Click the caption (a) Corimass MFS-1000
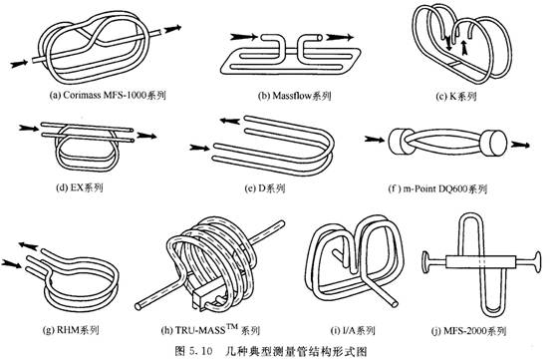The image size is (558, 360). tap(108, 96)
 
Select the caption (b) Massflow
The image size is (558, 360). tap(294, 96)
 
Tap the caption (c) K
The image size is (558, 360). tap(456, 96)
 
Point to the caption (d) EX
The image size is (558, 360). tap(80, 187)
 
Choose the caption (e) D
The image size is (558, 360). tap(265, 188)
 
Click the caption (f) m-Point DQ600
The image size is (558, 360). tap(437, 188)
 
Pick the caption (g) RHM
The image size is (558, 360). tap(71, 330)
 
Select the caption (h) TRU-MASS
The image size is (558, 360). tap(210, 329)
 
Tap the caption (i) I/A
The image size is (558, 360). tap(353, 330)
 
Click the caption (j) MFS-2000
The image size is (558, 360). tap(468, 331)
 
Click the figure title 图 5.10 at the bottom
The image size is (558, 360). tap(194, 351)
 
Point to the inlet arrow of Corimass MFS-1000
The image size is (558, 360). tap(19, 64)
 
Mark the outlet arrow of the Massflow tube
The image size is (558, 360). tap(340, 37)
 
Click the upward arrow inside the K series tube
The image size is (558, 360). tap(463, 47)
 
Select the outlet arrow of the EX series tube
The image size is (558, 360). tap(146, 136)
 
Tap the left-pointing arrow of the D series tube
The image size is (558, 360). tap(230, 121)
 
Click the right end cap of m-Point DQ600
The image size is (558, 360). tap(493, 144)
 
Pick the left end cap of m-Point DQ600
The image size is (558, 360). tap(399, 142)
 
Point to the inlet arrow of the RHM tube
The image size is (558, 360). tap(11, 264)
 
